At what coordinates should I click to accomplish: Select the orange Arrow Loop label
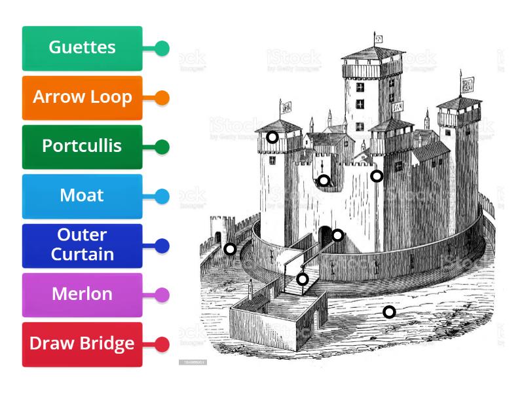coord(82,98)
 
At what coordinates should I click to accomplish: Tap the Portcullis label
coord(82,147)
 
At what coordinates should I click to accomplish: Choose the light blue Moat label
coord(82,196)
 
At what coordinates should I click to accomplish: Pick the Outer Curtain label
coord(82,246)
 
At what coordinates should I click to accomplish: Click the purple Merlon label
coord(82,295)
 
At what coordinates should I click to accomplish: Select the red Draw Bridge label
coord(82,344)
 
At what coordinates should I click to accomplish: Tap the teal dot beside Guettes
coord(162,48)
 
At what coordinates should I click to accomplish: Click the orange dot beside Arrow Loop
coord(162,98)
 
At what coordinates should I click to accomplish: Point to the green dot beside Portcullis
coord(162,147)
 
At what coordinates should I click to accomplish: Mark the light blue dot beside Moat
coord(162,196)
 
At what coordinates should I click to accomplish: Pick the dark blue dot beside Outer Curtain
coord(162,246)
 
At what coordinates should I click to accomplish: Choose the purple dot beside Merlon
coord(162,295)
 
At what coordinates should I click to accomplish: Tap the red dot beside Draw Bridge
coord(162,344)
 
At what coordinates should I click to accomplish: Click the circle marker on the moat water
coord(389,312)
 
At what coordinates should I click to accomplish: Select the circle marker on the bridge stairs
coord(302,279)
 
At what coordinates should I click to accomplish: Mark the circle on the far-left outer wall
coord(230,249)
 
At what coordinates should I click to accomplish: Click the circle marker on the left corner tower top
coord(272,137)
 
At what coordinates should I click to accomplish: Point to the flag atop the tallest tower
coord(379,37)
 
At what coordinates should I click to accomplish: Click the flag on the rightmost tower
coord(468,84)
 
